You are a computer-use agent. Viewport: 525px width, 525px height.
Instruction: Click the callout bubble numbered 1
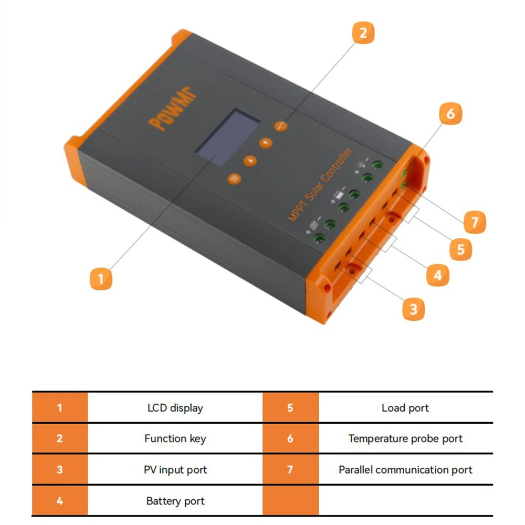click(101, 278)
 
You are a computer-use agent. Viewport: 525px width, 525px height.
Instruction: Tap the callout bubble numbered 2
click(363, 33)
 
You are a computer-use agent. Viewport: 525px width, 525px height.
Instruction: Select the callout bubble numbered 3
click(413, 309)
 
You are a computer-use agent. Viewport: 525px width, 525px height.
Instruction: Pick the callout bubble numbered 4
click(438, 275)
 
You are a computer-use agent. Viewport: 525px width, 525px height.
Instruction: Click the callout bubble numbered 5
click(460, 249)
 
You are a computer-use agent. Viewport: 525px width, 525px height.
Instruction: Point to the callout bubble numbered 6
click(450, 113)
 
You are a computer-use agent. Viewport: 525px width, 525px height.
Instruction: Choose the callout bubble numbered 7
click(475, 222)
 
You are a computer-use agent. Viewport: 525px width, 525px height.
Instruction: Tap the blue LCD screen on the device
click(228, 138)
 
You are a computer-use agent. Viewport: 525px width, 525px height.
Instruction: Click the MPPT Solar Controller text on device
click(320, 184)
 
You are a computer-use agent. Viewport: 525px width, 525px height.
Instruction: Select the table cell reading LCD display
click(175, 408)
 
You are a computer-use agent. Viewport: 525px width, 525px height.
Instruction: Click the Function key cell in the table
click(175, 438)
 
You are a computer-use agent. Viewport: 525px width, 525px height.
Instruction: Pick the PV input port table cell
click(175, 469)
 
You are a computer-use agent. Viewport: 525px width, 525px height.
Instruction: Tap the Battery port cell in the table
click(175, 501)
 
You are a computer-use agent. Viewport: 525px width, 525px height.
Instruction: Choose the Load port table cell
click(405, 408)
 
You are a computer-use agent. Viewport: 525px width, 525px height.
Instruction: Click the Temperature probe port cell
click(405, 438)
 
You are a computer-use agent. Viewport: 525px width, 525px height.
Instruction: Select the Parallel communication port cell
click(405, 469)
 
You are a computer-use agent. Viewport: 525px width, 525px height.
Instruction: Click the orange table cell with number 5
click(290, 408)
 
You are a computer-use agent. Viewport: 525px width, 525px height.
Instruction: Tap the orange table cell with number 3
click(59, 469)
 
